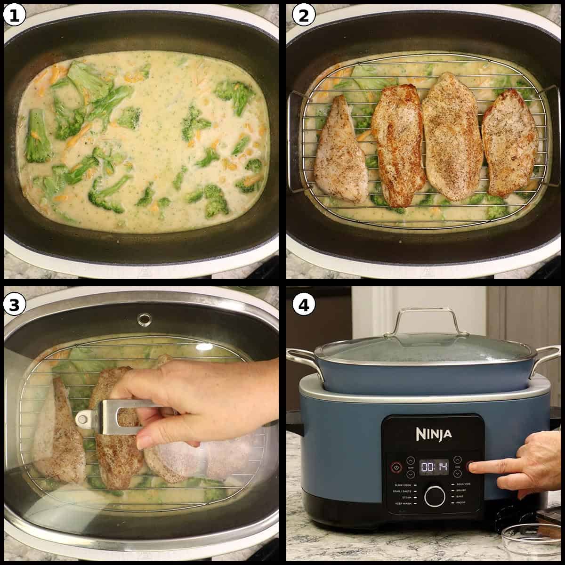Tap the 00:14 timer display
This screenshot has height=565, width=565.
point(433,467)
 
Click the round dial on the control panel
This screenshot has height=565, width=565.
point(435,496)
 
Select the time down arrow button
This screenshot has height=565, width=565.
point(457,473)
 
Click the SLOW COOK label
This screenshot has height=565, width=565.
point(404,484)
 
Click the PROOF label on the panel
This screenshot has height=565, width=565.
point(461,503)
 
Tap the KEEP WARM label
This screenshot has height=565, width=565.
point(404,503)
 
